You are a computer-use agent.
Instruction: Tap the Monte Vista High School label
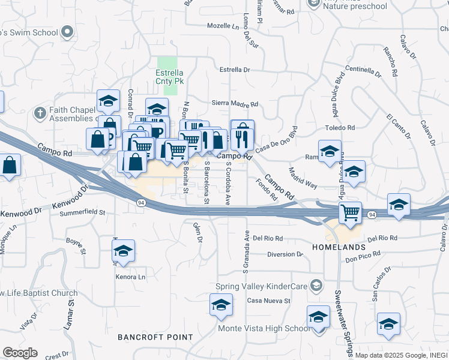click(x=264, y=328)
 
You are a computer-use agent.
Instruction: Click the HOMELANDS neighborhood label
click(x=339, y=247)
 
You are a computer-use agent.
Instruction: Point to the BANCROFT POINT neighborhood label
click(x=155, y=337)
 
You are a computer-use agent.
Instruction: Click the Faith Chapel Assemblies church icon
click(x=40, y=112)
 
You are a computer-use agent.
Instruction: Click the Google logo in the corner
click(x=19, y=353)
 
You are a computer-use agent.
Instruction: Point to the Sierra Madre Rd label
click(x=235, y=103)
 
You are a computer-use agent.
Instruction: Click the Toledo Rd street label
click(x=340, y=128)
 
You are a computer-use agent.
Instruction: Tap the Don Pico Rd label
click(x=363, y=259)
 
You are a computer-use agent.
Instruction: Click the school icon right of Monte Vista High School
click(x=388, y=324)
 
